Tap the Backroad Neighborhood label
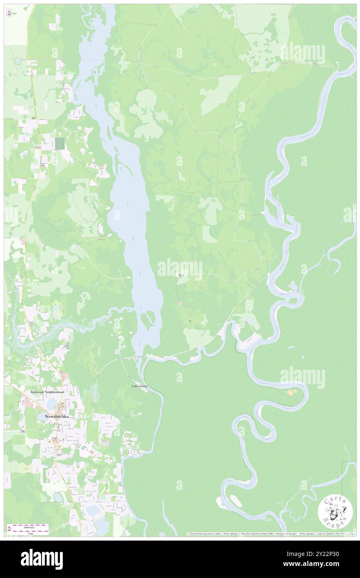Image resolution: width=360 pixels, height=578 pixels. [47, 392]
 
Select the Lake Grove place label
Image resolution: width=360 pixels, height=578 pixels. [139, 386]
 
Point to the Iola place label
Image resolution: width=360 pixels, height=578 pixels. [180, 275]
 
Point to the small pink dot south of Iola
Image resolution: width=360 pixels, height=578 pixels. [180, 303]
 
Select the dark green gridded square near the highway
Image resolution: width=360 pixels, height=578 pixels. [60, 144]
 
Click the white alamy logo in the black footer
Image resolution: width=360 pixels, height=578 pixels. [42, 559]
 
